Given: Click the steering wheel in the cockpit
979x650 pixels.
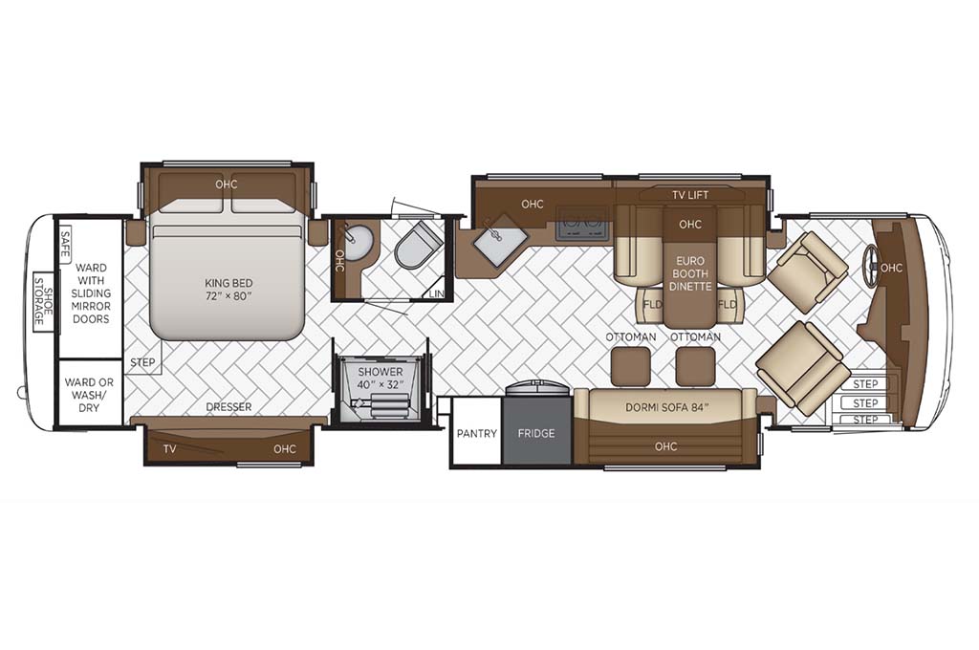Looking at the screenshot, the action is point(870,268).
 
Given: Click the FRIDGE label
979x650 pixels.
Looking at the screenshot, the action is point(536,433).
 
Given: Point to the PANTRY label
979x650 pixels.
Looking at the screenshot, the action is point(476,433).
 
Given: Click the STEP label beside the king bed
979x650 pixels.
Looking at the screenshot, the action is point(143,362).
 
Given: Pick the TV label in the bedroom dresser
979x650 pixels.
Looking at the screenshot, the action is point(169,448).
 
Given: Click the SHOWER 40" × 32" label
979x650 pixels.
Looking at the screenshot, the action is point(381,379).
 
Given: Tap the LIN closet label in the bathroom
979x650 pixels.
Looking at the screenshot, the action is point(436,293).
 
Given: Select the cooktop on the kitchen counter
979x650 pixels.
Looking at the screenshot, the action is point(582,222).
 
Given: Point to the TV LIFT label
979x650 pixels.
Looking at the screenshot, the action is point(690,195).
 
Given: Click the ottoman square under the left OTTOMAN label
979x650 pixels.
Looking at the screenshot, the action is point(631,366).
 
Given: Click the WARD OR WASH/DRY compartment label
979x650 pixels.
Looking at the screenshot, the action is point(89,395).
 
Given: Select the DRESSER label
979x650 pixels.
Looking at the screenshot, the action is point(228,407).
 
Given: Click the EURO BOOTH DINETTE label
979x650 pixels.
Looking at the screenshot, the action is point(690,273).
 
